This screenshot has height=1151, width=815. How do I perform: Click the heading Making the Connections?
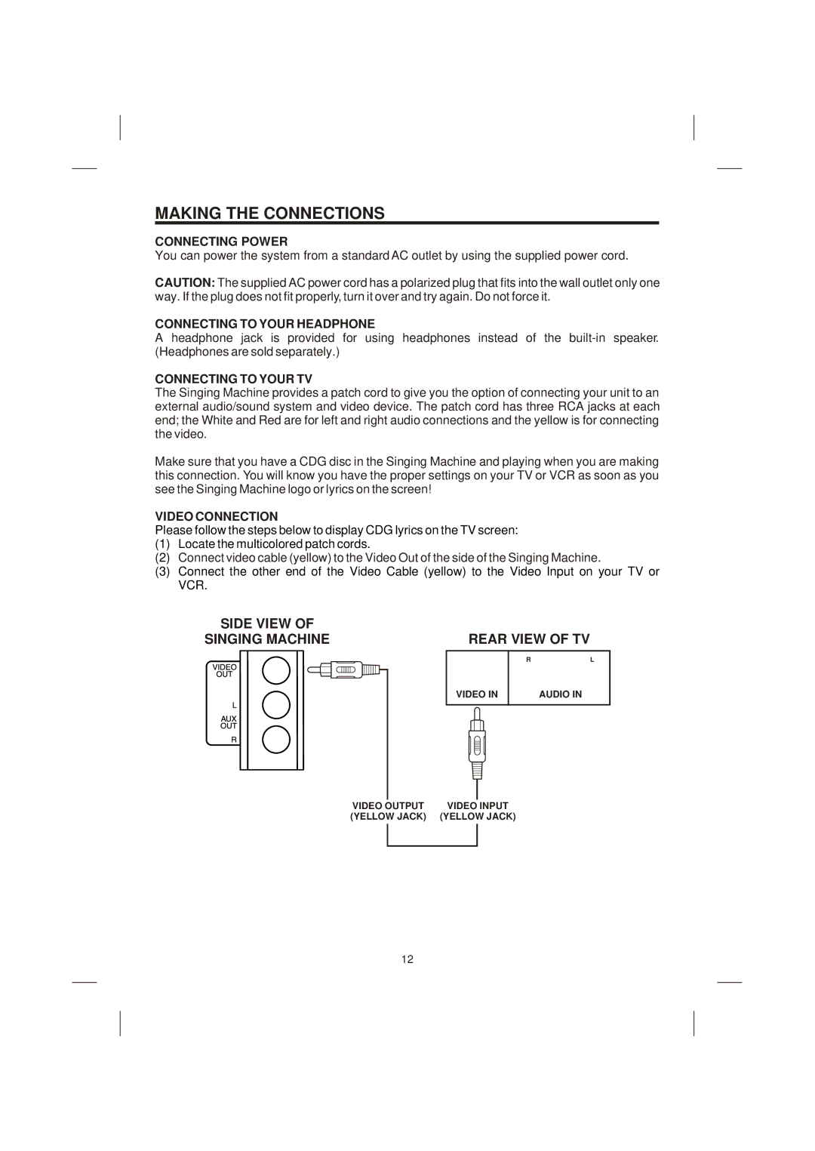click(269, 213)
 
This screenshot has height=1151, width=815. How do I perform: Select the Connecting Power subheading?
click(221, 242)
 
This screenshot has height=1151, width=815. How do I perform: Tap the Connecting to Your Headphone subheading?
click(265, 324)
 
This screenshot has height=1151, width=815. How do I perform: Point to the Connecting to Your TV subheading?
click(233, 379)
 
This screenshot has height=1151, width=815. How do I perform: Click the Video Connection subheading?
click(217, 516)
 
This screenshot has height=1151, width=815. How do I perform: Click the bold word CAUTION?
click(185, 283)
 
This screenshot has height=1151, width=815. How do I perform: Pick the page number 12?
click(407, 959)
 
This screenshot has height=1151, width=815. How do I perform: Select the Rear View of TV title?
click(528, 639)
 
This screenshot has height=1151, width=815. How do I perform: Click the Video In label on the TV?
click(477, 694)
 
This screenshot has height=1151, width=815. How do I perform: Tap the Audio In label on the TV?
click(560, 694)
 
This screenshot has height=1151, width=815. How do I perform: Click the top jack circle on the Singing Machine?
click(276, 669)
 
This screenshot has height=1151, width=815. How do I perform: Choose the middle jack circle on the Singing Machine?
click(276, 704)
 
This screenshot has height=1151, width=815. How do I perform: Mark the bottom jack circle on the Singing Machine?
click(276, 739)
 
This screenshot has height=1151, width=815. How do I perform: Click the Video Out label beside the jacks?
click(225, 670)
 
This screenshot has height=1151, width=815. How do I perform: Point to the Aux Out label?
click(228, 722)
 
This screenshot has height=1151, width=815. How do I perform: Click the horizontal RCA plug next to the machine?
click(349, 669)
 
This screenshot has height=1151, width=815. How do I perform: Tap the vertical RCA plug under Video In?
click(477, 743)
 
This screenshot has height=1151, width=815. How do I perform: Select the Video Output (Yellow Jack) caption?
click(388, 811)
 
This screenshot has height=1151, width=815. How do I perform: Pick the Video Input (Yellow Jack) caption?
click(478, 811)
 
